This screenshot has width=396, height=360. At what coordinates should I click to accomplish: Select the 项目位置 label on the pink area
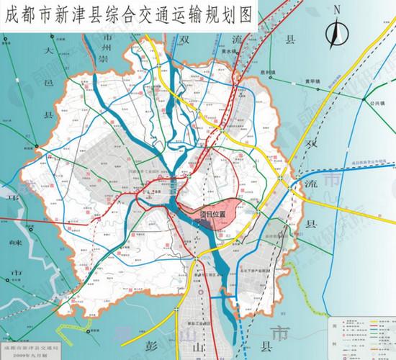click(213, 214)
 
